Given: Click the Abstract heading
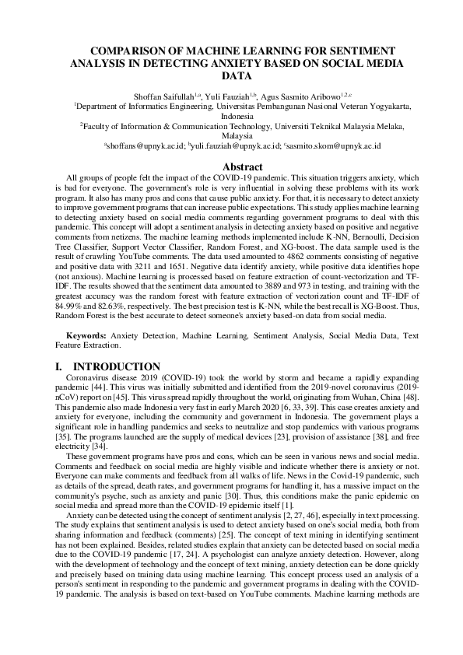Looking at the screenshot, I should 244,167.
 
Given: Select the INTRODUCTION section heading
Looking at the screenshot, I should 117,367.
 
